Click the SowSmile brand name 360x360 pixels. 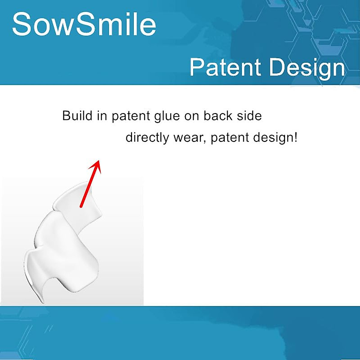coord(84,24)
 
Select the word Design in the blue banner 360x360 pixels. coord(307,68)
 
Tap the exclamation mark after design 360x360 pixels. coord(296,137)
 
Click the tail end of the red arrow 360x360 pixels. coord(81,206)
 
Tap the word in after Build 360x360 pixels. coord(102,116)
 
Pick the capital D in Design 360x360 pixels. coord(277,67)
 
